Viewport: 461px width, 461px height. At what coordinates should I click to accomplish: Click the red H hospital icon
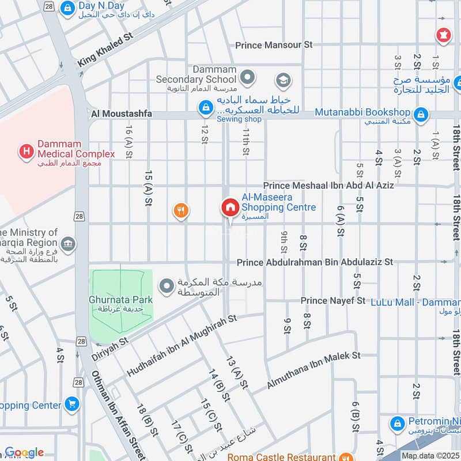coord(26,152)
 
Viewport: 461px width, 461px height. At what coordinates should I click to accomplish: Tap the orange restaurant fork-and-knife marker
coord(181,211)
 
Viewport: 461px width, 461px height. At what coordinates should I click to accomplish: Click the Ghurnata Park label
coord(120,300)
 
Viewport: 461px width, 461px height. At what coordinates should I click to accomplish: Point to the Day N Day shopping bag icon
coord(68,7)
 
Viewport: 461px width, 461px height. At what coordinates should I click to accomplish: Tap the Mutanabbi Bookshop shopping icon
coord(421,114)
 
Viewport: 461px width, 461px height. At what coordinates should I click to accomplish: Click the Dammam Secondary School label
coord(196,74)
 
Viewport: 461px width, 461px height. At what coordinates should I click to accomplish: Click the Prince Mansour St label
coord(274,45)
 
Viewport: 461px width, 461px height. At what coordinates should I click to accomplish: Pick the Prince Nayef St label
coord(332,301)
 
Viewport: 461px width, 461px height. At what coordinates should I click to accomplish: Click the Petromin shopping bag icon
coord(397,424)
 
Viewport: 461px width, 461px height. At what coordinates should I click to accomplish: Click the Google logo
coord(24,452)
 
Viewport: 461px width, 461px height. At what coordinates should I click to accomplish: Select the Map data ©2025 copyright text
coord(429,456)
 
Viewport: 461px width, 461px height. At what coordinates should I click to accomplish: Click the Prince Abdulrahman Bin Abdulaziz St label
coord(315,262)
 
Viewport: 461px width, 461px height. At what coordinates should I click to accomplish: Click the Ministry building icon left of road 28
coord(68,244)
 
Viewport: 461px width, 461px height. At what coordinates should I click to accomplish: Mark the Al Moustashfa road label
coord(121,114)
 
